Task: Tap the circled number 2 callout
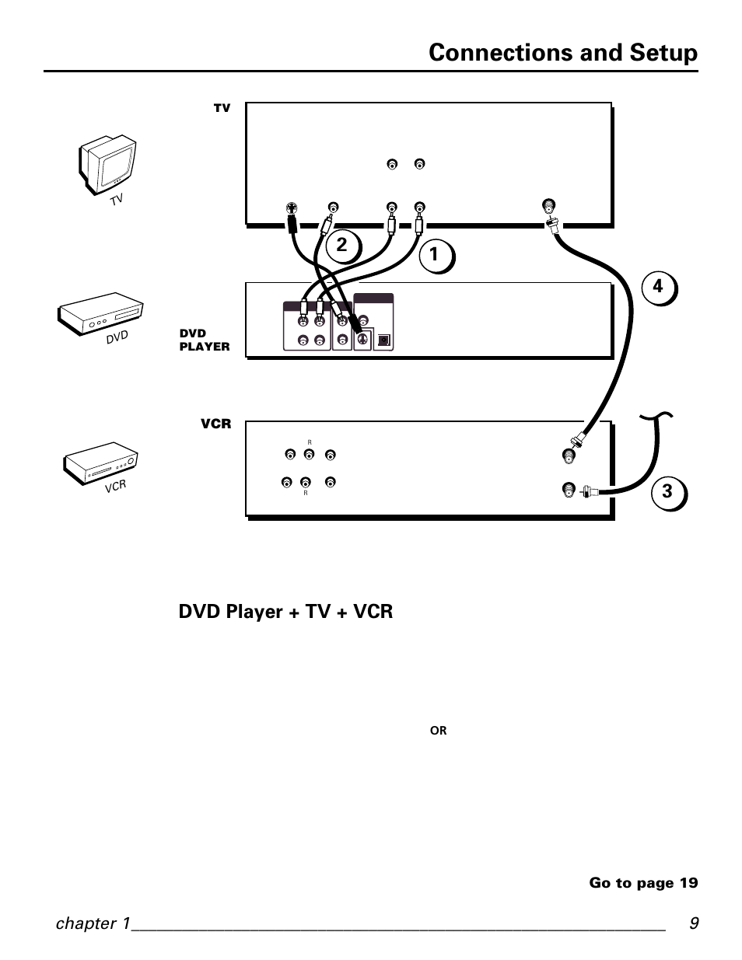coord(343,246)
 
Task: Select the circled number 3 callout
coord(669,493)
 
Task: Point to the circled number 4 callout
coord(659,288)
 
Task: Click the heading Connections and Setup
coord(563,53)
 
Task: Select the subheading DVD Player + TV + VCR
coord(285,612)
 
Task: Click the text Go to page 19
coord(643,883)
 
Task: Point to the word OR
coord(438,731)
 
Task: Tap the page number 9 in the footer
coord(694,923)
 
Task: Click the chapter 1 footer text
coord(93,923)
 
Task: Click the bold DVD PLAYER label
coord(205,340)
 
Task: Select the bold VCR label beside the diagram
coord(215,424)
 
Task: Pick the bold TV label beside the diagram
coord(222,108)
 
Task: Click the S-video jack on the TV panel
coord(291,208)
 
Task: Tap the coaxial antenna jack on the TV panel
coord(548,205)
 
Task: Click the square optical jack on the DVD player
coord(383,340)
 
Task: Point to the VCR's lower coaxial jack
coord(569,490)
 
